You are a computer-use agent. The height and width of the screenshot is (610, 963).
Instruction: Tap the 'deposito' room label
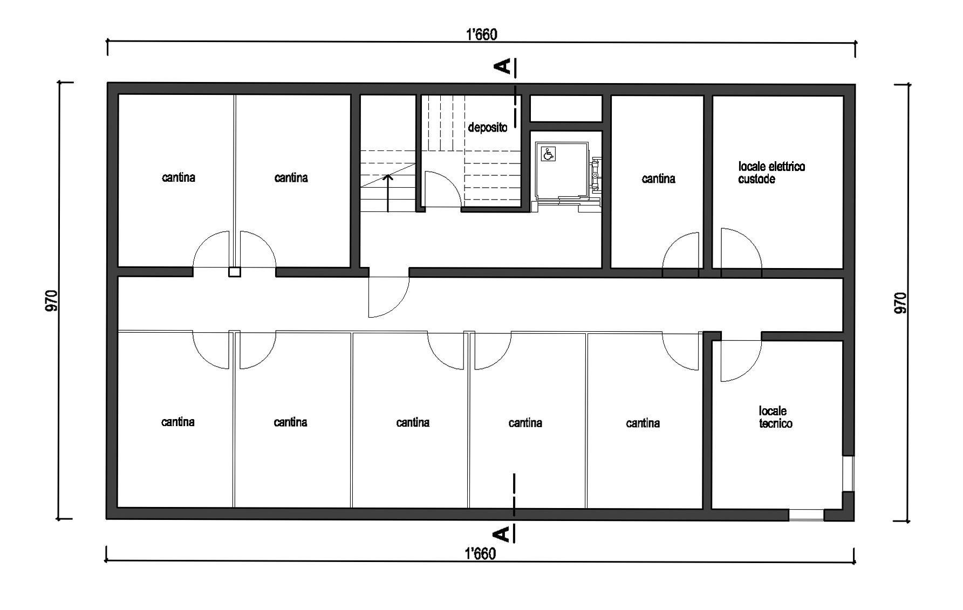tap(488, 128)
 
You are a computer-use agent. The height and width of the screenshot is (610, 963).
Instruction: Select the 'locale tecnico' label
tap(776, 417)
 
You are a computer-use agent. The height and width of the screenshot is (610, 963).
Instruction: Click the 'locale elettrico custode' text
tap(771, 173)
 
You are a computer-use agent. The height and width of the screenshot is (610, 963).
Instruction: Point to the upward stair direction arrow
tap(387, 193)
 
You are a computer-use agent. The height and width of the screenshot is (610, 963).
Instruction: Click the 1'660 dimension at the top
tap(481, 35)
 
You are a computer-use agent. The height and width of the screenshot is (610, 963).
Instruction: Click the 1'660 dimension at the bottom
tap(480, 553)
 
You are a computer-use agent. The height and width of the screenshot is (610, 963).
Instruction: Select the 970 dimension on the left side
tap(52, 301)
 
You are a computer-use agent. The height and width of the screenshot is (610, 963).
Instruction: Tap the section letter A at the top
tap(503, 66)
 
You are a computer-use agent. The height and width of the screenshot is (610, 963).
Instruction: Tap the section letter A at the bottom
tap(502, 534)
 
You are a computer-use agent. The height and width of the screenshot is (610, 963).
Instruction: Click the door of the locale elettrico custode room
tap(741, 248)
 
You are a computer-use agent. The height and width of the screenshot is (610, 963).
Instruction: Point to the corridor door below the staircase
tap(388, 297)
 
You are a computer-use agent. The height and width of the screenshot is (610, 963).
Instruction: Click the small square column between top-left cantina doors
tap(234, 272)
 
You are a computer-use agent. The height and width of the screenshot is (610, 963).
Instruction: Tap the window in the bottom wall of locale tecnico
tap(807, 515)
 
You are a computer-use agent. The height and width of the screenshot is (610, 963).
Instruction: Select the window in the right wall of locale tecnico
tap(849, 474)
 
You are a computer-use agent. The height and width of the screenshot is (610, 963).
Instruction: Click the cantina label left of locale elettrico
tap(658, 179)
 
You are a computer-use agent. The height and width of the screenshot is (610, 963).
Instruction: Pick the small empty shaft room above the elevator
tap(566, 108)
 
